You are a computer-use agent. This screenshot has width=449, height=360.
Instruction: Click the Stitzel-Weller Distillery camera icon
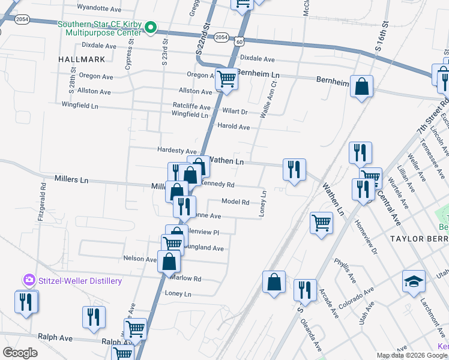click(29, 280)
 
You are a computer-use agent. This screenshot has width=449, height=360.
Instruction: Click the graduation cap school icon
click(414, 283)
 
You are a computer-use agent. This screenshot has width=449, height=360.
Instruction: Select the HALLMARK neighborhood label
click(82, 59)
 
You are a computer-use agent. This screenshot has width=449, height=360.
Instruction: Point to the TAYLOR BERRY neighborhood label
click(419, 239)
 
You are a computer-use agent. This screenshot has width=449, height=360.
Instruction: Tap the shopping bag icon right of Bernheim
click(362, 86)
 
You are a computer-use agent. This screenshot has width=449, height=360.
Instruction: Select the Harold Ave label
click(233, 127)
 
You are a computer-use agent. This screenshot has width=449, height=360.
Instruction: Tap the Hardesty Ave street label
click(176, 151)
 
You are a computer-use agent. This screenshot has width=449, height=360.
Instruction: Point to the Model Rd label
click(235, 202)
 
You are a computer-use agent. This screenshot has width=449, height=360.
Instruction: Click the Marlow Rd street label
click(185, 278)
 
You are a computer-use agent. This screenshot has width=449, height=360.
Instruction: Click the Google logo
click(20, 353)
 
